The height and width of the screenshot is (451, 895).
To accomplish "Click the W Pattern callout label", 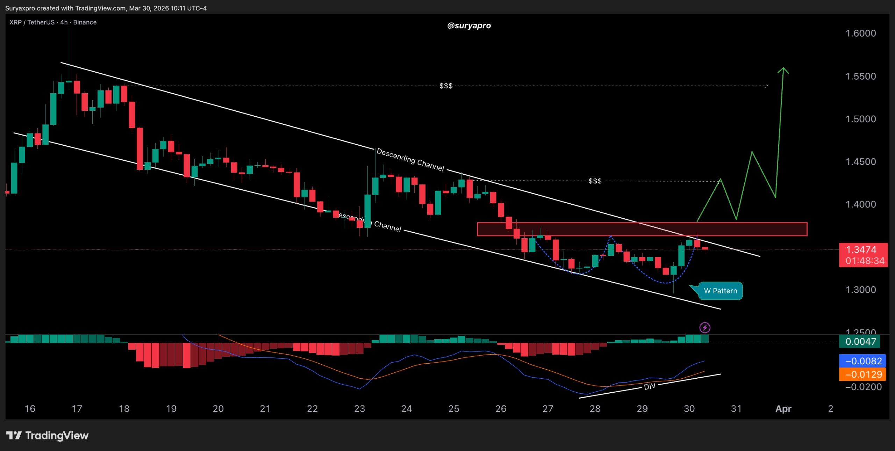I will [720, 291].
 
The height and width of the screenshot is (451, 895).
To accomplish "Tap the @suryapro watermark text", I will [469, 26].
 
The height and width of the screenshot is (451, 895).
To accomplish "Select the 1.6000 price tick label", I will [860, 33].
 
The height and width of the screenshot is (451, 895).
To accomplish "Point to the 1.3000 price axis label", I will [860, 290].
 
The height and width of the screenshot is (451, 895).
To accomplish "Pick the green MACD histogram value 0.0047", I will [860, 341].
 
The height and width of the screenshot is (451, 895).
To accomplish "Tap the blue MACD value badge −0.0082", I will [862, 361].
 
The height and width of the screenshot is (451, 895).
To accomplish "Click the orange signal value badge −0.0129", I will [862, 374].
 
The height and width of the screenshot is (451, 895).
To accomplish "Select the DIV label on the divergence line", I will [650, 386].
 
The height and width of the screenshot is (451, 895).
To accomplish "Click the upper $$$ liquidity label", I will [446, 86].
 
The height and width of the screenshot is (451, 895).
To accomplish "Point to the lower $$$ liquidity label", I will [595, 181].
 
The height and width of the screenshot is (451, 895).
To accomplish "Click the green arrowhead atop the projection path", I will [783, 70].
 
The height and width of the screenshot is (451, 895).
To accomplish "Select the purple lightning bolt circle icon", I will [704, 328].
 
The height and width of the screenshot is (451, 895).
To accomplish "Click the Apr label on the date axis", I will [783, 408].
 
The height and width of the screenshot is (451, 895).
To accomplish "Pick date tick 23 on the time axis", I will [359, 408].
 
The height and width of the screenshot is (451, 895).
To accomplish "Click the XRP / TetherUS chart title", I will [53, 22].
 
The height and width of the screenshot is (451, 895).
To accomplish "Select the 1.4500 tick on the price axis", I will [860, 161].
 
